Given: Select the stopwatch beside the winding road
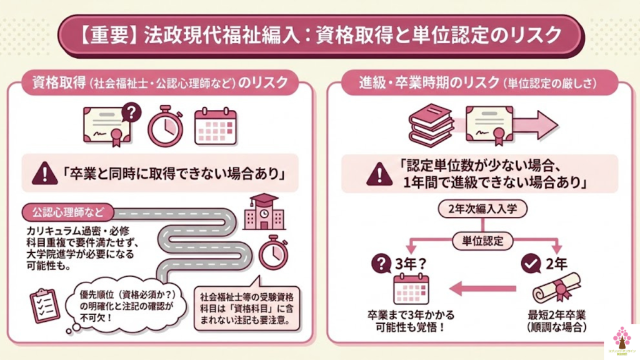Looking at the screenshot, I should coord(270,252).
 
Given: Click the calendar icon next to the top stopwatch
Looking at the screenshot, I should coord(215,127).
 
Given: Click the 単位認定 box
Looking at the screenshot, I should coord(479,239).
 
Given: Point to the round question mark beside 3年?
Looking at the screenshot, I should coord(381,265).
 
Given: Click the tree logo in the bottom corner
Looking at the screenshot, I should coord(621,340).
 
